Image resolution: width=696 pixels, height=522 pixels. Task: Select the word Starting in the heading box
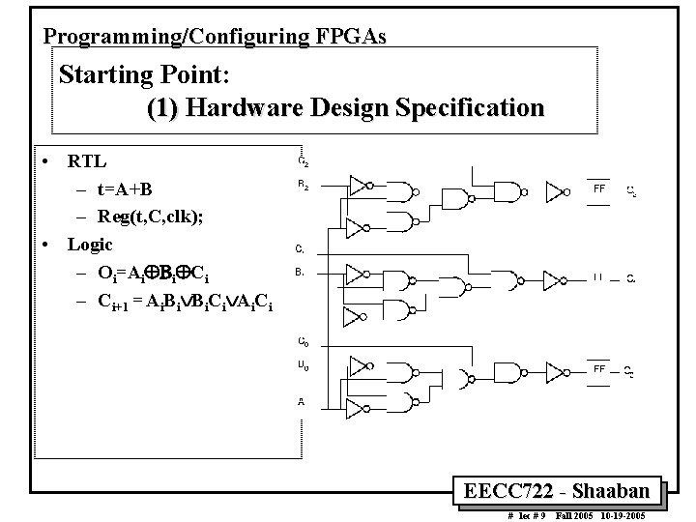(107, 74)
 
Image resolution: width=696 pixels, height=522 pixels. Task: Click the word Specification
(468, 108)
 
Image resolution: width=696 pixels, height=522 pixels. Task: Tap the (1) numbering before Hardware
(163, 108)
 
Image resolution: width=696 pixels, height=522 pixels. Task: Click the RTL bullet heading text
(87, 160)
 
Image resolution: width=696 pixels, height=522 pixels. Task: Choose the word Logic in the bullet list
(90, 245)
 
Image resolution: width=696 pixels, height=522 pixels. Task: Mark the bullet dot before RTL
(45, 160)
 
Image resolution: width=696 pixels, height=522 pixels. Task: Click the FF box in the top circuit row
(599, 189)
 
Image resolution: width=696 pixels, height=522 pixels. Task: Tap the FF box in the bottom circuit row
(599, 368)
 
